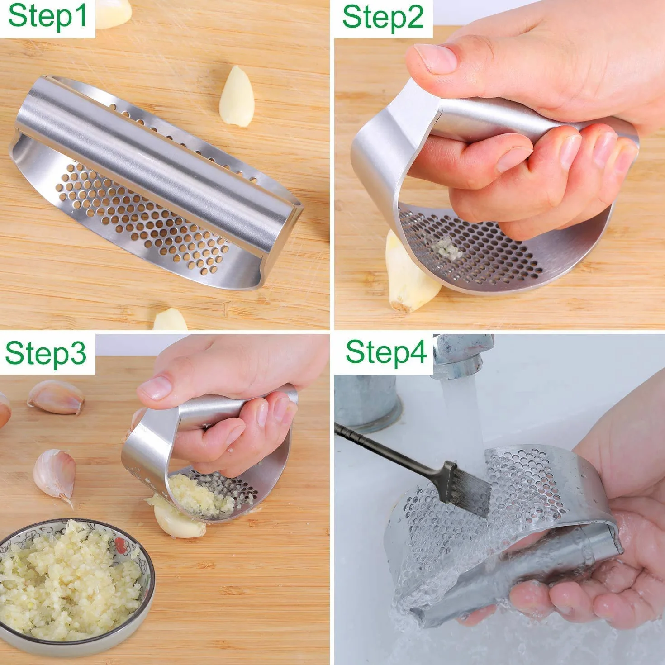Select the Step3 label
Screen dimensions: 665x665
tap(46, 354)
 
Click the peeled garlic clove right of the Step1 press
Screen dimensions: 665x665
tap(237, 96)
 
